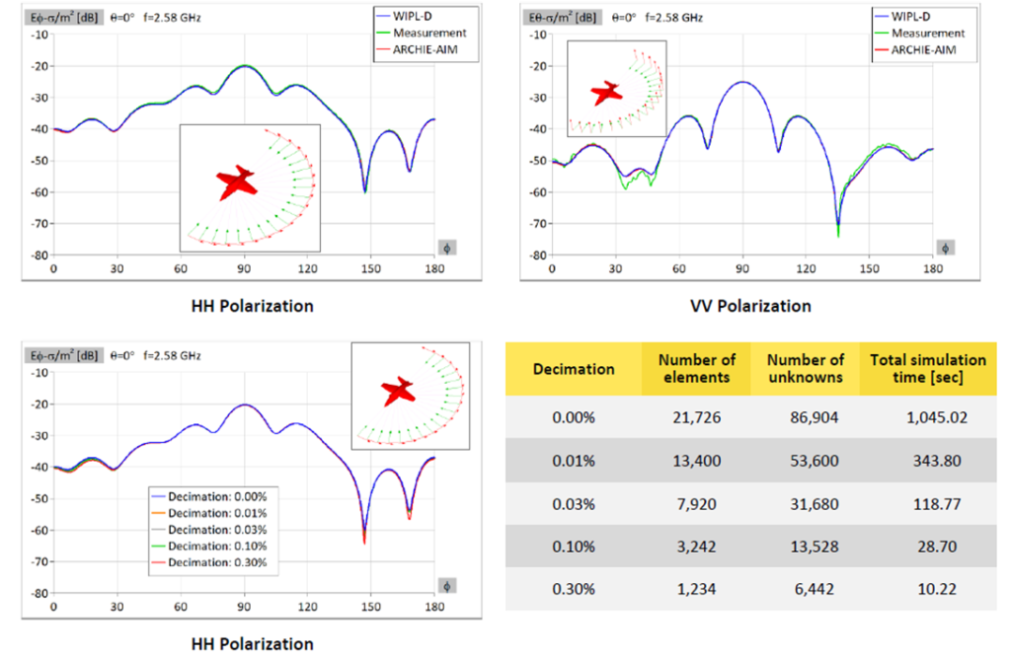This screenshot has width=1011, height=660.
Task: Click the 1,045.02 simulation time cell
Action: (936, 417)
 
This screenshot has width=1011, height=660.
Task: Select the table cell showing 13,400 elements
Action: (696, 461)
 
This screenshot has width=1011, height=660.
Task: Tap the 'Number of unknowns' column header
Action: (806, 369)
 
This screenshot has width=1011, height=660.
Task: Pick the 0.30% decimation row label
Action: (574, 589)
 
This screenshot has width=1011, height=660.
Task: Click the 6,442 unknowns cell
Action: (815, 589)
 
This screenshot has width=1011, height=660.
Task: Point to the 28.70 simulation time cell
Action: (937, 547)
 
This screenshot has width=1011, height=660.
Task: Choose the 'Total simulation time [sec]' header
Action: (928, 369)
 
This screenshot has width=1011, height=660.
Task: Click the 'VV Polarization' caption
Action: (750, 306)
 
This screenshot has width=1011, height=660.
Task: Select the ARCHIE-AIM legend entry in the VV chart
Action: (915, 49)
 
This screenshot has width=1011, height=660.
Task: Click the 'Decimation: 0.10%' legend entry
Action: (209, 546)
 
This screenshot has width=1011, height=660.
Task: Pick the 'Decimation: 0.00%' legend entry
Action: (209, 497)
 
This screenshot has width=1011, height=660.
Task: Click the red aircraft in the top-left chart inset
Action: (237, 183)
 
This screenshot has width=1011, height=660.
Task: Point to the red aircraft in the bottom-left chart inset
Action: (398, 391)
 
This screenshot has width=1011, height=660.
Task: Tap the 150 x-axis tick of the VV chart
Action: (869, 268)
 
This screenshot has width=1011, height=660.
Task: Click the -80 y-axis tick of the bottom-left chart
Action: (39, 593)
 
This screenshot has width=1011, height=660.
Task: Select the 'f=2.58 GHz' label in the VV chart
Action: (673, 18)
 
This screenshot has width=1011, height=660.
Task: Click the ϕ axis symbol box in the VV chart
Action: (945, 249)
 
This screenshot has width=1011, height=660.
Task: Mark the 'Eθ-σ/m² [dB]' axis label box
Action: (562, 18)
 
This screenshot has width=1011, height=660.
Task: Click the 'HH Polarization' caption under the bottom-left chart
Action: (252, 643)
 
